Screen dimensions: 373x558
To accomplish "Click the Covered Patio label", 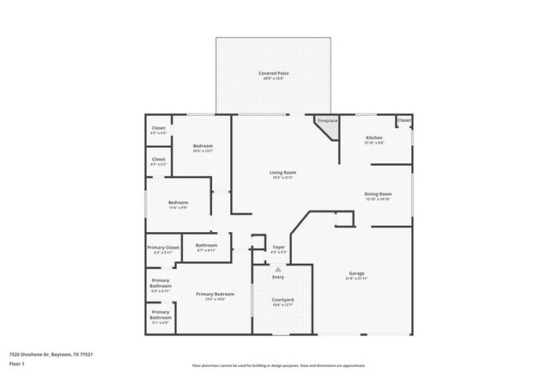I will click(x=274, y=74).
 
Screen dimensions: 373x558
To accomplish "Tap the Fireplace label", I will click(x=328, y=121).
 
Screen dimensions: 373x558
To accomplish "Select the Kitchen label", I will click(x=374, y=138).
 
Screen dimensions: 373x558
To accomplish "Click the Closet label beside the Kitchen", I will click(x=403, y=120).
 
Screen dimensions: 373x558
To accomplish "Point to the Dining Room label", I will click(x=378, y=194).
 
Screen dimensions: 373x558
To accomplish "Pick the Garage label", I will click(x=356, y=274).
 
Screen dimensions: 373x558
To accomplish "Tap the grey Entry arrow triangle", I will click(x=277, y=269).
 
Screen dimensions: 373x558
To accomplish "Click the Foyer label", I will click(x=278, y=248).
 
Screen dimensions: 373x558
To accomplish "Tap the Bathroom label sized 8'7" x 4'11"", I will click(x=206, y=246).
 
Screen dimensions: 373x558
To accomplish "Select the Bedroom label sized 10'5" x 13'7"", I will click(x=203, y=147).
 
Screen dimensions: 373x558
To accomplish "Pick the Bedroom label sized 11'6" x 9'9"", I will click(x=179, y=203).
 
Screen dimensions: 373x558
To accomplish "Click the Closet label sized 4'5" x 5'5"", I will click(x=158, y=129).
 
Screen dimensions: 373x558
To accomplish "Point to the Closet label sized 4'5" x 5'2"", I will click(x=158, y=160).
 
